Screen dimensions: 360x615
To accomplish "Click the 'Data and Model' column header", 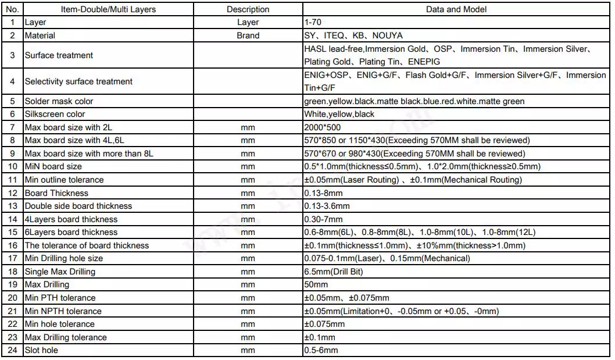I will pos(456,9).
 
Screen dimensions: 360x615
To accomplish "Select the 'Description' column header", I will pos(248,9).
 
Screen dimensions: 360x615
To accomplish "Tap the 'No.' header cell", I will pos(12,9).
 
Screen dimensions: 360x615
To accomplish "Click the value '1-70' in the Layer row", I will pos(312,22).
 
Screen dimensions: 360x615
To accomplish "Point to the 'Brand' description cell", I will pos(248,35).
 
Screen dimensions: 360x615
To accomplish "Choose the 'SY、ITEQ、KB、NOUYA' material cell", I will pos(353,35).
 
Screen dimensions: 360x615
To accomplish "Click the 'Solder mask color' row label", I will pos(59,101).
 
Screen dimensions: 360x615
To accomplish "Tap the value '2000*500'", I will pos(322,127).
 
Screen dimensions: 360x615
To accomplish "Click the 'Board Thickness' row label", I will pos(56,193).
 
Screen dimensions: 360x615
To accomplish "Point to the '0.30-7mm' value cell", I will pos(324,219).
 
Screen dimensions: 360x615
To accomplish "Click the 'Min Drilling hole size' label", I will pos(63,258).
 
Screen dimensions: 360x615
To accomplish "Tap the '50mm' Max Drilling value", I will pos(316,284).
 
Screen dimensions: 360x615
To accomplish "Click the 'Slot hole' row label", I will pos(41,350).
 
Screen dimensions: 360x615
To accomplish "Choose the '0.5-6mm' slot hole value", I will pos(321,350).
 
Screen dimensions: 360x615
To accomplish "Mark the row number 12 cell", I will pos(12,193).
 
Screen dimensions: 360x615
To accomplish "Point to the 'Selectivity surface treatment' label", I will pos(78,81).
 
